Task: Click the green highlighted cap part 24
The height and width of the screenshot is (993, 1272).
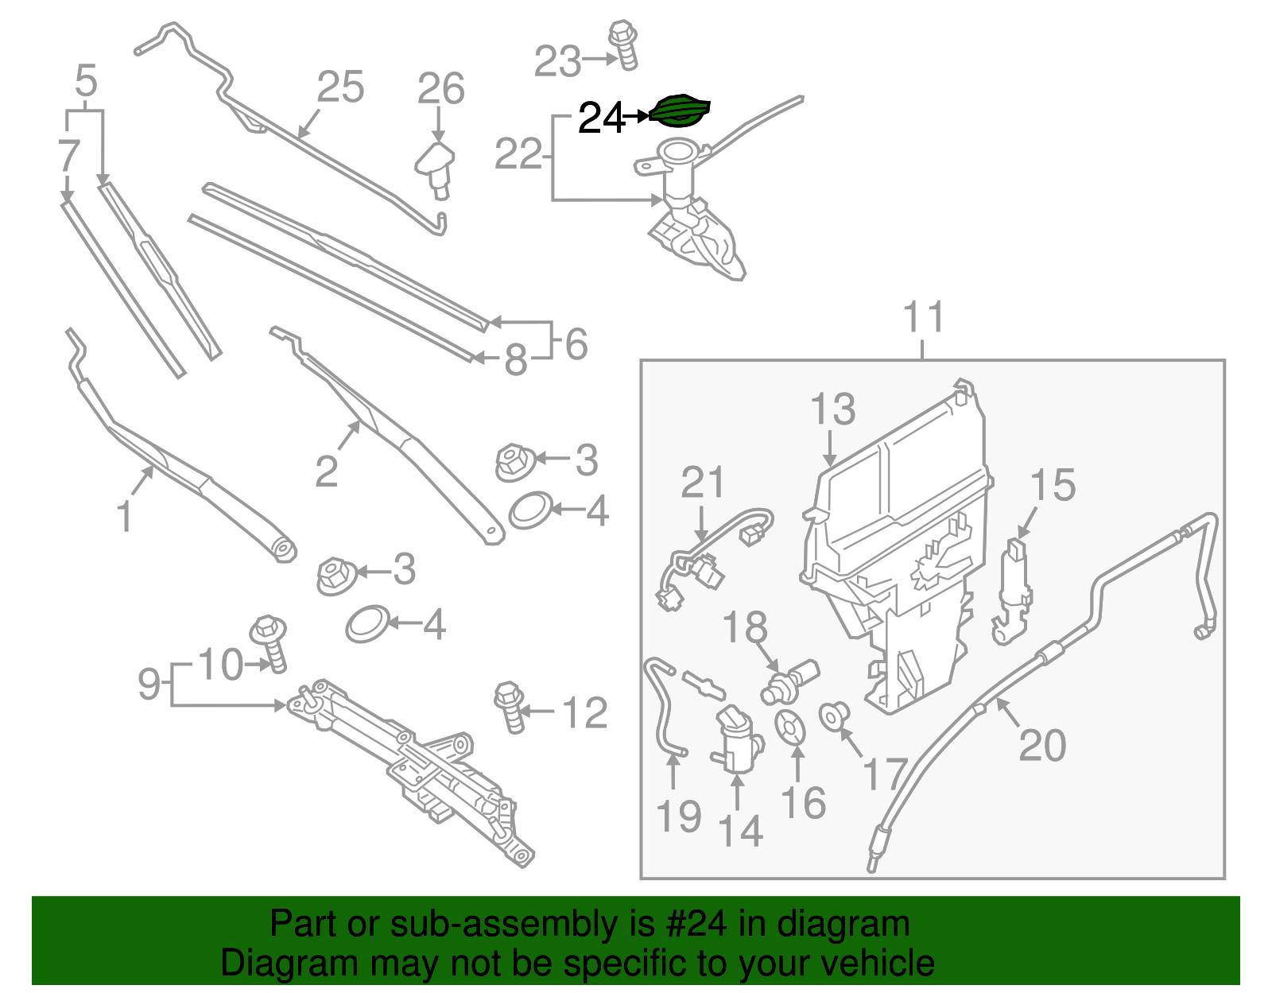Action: click(x=679, y=111)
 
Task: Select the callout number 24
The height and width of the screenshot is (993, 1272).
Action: click(x=600, y=118)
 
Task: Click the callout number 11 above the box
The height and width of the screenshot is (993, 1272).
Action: click(x=923, y=317)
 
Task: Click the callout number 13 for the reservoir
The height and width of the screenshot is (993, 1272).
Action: click(x=832, y=410)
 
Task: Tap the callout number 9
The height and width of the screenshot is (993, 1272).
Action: click(x=149, y=683)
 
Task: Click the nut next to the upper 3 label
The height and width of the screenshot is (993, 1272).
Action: click(x=512, y=462)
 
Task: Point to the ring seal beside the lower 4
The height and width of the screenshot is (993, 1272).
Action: click(x=368, y=624)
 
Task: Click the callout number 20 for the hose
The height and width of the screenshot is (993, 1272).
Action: click(x=1041, y=747)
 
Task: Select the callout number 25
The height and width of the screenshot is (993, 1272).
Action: click(x=340, y=87)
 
